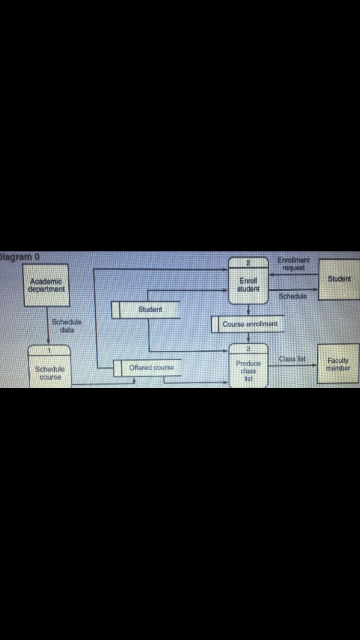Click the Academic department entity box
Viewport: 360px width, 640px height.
[x=47, y=285]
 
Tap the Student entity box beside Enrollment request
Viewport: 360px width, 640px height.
[x=339, y=279]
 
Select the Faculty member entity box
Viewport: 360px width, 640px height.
[x=338, y=364]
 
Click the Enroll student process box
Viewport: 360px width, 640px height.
[x=248, y=281]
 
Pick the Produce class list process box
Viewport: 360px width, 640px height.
[x=249, y=366]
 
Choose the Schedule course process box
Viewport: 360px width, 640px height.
[x=49, y=367]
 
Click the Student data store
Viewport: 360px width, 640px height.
[x=146, y=310]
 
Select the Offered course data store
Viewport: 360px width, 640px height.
[x=147, y=368]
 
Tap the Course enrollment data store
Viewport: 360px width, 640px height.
[x=248, y=324]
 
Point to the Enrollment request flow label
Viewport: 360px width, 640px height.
[x=293, y=264]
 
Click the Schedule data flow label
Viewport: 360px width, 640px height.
[x=67, y=326]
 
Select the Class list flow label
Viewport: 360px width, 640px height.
[x=292, y=359]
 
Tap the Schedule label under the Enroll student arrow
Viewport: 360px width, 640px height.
[x=293, y=296]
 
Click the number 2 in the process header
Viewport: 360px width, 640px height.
[x=248, y=263]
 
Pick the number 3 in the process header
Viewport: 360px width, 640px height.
[x=248, y=349]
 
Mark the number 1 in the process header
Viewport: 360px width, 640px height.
[x=49, y=351]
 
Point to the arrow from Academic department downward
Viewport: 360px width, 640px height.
[x=48, y=326]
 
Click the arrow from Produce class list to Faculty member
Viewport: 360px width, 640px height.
[x=293, y=365]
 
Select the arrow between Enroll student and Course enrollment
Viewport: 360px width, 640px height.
[x=249, y=310]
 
